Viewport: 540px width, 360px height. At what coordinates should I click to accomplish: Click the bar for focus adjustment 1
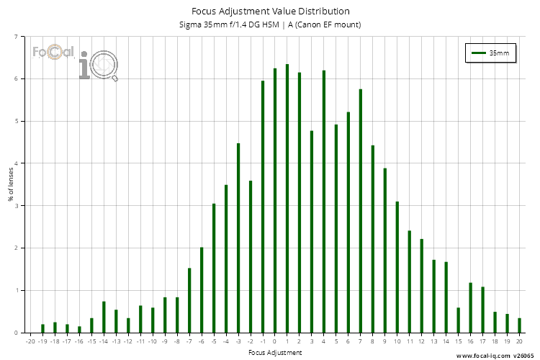[x=287, y=199]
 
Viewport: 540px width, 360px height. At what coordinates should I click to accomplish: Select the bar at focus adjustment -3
[x=238, y=238]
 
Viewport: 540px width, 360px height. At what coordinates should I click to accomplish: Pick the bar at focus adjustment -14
[x=104, y=318]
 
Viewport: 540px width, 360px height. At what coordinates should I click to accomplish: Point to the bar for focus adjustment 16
[x=471, y=308]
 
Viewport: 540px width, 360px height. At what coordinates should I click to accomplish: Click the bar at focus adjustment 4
[x=324, y=202]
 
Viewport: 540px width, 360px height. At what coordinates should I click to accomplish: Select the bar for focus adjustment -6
[x=202, y=290]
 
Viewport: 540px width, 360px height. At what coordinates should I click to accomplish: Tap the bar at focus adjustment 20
[x=519, y=325]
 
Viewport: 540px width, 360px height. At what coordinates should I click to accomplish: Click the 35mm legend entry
[x=491, y=53]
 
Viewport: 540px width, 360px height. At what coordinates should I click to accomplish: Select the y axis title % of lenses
[x=11, y=184]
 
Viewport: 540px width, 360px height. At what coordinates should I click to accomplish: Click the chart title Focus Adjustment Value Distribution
[x=270, y=11]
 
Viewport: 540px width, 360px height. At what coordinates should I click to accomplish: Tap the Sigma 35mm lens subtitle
[x=270, y=24]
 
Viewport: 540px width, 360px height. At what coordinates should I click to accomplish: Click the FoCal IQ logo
[x=75, y=60]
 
